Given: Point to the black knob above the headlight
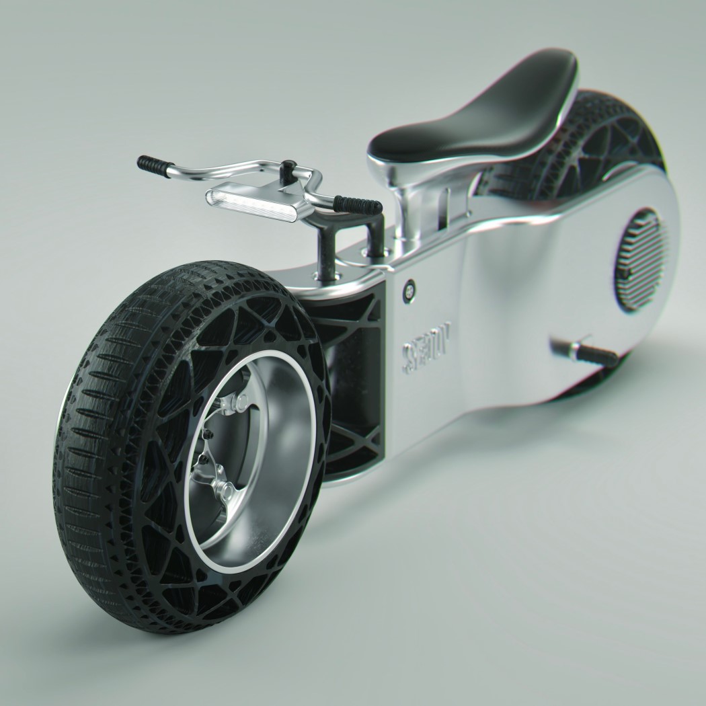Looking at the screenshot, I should click(x=289, y=168).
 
